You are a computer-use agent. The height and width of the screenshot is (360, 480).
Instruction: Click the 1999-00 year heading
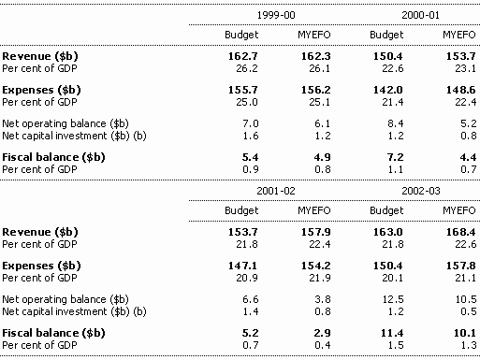point(276,15)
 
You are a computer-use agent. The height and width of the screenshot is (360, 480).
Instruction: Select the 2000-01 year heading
point(421,15)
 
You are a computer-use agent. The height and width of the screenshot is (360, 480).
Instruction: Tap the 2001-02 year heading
point(276,191)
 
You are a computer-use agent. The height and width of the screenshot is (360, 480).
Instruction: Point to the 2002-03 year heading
point(421,191)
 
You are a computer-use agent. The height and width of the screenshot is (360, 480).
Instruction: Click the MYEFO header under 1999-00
point(314,35)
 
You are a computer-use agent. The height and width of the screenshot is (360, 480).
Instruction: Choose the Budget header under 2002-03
point(386,210)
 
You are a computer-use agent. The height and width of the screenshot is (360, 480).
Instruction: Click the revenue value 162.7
point(243,56)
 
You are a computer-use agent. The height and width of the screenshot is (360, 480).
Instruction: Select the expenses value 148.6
point(460,90)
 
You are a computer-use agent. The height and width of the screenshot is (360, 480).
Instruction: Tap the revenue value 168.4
point(460,232)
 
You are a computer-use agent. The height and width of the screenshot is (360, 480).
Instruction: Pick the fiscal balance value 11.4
point(392,333)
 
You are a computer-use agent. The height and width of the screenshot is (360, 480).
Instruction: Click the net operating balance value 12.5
point(393,299)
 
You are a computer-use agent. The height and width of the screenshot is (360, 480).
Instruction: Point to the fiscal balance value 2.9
point(322,333)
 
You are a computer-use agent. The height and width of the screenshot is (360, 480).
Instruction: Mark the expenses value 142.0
point(388,90)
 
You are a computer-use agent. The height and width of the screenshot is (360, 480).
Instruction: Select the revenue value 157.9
point(316,232)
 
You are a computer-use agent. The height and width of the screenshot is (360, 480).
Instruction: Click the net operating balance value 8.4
point(396,123)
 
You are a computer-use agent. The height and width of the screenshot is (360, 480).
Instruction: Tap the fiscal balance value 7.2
point(396,157)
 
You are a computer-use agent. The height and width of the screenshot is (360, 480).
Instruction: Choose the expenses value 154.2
point(316,266)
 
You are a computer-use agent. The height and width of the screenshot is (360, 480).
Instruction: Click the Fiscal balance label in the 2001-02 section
point(53,333)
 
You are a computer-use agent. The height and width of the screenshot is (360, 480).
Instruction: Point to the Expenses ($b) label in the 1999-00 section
point(41,90)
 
